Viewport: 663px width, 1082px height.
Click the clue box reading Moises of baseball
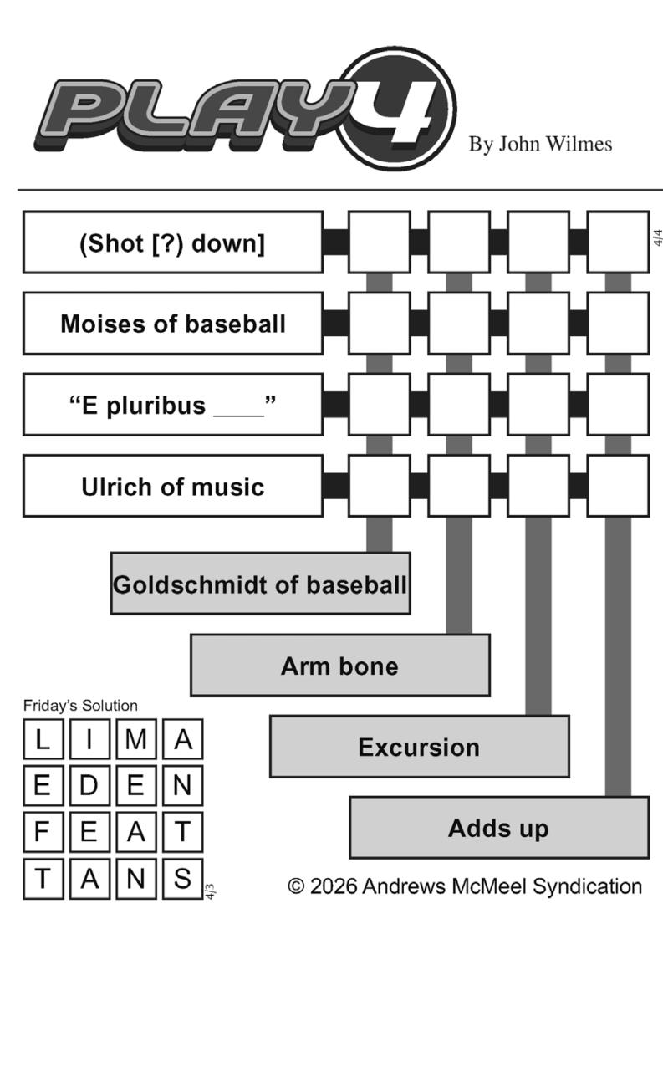pyautogui.click(x=172, y=324)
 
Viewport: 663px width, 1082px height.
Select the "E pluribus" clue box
pyautogui.click(x=172, y=405)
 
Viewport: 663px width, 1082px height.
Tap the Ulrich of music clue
pyautogui.click(x=172, y=487)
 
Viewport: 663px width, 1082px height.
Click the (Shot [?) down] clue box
pyautogui.click(x=172, y=242)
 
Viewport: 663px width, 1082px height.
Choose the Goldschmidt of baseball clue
pyautogui.click(x=260, y=584)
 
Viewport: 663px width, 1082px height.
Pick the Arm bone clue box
pyautogui.click(x=339, y=666)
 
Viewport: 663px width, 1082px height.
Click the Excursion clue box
pyautogui.click(x=419, y=747)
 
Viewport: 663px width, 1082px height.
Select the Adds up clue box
pyautogui.click(x=498, y=828)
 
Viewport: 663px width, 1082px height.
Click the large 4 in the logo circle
pyautogui.click(x=400, y=110)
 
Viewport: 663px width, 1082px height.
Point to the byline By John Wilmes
pyautogui.click(x=540, y=145)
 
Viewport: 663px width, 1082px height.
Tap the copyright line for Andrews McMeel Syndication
pyautogui.click(x=465, y=886)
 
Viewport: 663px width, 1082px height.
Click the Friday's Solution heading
pyautogui.click(x=80, y=706)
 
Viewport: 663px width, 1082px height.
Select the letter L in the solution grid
pyautogui.click(x=43, y=739)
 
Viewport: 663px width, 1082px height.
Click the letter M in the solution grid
pyautogui.click(x=136, y=739)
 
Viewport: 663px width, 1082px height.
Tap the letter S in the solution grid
pyautogui.click(x=182, y=879)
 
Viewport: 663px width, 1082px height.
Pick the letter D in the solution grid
pyautogui.click(x=89, y=786)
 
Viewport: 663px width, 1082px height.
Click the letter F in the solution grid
pyautogui.click(x=43, y=833)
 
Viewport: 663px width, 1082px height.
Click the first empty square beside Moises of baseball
pyautogui.click(x=379, y=324)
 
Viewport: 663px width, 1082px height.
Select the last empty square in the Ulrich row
pyautogui.click(x=618, y=487)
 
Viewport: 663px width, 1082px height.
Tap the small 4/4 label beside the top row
pyautogui.click(x=657, y=237)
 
